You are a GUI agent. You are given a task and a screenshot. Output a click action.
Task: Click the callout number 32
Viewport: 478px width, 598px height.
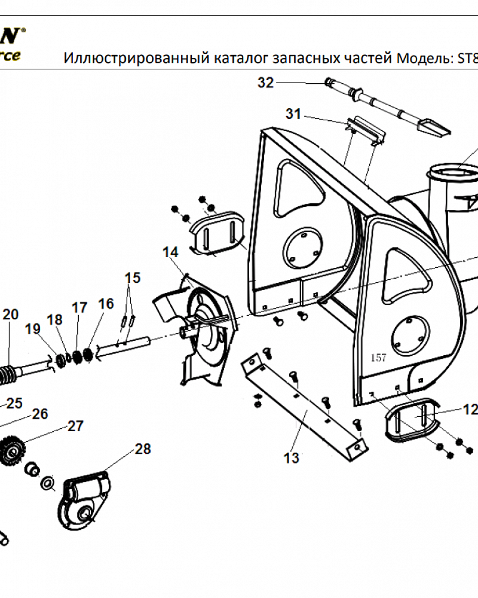[x=265, y=83]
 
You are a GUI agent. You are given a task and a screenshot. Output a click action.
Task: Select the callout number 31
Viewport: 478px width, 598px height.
[x=293, y=114]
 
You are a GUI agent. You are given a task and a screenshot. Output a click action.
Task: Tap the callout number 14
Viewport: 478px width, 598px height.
[x=170, y=252]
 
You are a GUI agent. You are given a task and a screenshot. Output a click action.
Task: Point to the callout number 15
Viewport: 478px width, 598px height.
[x=133, y=277]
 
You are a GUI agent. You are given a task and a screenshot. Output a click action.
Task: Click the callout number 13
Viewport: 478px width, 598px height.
[x=291, y=458]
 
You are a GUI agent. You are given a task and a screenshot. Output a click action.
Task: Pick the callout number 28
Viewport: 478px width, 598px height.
[x=143, y=448]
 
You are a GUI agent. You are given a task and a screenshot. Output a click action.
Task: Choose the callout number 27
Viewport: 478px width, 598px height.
[x=75, y=426]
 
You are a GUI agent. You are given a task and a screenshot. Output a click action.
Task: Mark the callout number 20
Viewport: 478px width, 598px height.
[x=11, y=315]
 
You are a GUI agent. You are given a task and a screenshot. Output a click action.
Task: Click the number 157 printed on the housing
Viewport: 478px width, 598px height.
[x=378, y=358]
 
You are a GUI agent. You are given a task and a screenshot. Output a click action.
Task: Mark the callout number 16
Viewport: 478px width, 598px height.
[x=106, y=304]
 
